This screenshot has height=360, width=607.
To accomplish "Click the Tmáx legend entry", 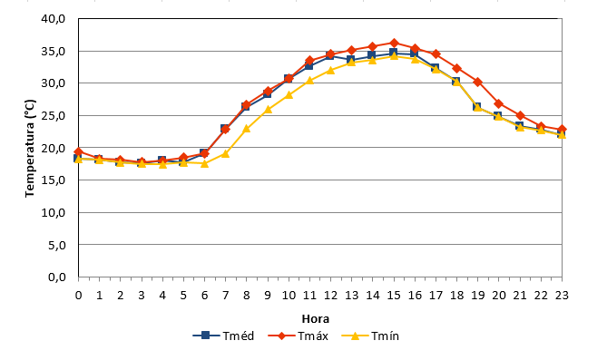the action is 299,336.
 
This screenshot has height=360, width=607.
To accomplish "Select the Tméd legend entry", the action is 223,336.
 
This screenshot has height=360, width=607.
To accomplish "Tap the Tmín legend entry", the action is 370,336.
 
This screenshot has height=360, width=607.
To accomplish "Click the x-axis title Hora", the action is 316,319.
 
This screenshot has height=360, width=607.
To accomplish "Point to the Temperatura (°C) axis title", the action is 30,148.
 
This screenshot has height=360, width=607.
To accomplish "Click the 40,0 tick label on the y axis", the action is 53,18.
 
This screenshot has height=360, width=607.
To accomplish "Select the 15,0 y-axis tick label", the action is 53,180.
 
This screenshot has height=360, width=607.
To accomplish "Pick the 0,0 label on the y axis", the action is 57,277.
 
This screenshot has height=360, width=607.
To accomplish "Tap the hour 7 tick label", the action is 225,296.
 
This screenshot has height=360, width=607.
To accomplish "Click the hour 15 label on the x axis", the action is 394,296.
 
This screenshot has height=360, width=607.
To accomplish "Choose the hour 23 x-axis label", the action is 562,296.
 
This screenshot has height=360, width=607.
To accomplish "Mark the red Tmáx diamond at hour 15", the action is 394,43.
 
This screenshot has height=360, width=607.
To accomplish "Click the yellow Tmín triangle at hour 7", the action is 225,153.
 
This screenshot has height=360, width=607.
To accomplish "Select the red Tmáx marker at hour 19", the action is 477,82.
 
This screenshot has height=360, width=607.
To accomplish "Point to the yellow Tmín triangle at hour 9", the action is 268,110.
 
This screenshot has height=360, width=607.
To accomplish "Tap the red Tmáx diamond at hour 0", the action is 79,151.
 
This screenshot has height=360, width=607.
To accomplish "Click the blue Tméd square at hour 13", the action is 351,59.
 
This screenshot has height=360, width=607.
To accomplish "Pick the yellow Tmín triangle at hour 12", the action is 330,70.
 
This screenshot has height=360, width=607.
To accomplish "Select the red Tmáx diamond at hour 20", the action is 499,103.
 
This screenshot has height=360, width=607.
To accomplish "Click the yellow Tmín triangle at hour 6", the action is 204,163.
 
